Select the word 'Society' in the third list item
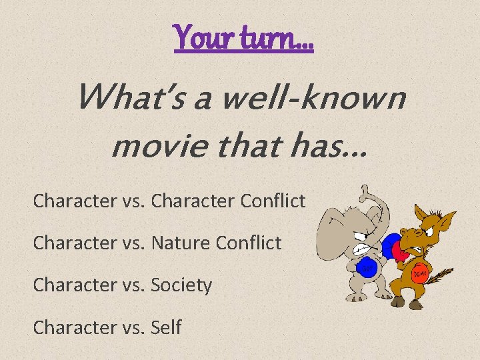[x=182, y=285]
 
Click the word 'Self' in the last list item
[x=167, y=327]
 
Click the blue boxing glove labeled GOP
[x=367, y=268]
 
